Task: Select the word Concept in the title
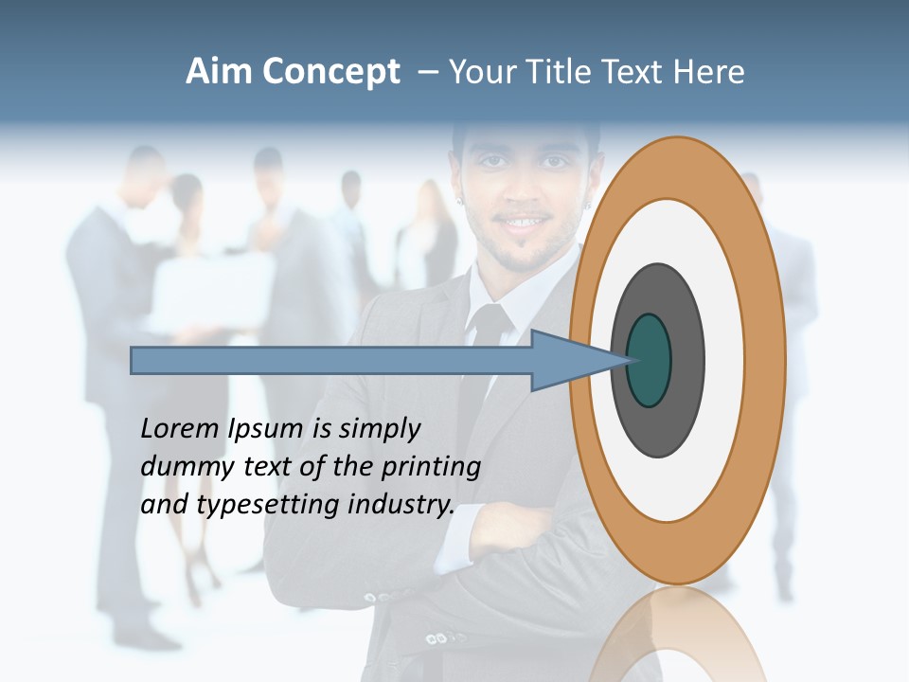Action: tap(330, 73)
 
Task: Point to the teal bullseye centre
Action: tap(649, 360)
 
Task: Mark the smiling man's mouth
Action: tap(526, 224)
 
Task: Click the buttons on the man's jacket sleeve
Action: tap(377, 597)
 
